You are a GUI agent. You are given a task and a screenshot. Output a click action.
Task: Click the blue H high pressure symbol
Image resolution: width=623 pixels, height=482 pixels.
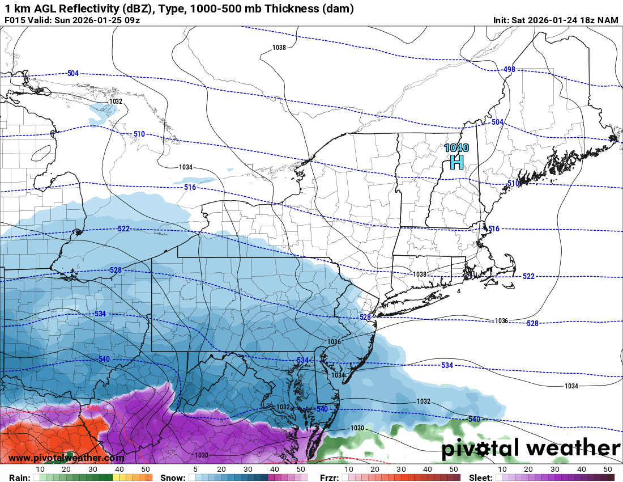456,163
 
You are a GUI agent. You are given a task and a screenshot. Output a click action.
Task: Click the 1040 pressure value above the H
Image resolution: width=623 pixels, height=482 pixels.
456,148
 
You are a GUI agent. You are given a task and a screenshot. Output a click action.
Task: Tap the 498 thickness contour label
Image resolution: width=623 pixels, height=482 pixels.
509,70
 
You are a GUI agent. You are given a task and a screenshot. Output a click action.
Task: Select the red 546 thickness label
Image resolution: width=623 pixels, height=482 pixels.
92,408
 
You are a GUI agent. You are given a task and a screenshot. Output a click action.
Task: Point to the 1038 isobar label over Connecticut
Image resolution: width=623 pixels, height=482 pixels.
419,274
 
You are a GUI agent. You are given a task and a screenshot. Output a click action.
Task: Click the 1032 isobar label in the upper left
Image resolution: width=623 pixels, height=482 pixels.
116,102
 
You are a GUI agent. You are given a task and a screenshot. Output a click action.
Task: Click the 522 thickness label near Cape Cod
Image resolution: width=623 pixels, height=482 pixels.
528,276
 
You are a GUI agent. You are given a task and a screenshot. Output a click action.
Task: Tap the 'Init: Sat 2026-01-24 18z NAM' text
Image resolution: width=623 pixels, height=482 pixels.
556,20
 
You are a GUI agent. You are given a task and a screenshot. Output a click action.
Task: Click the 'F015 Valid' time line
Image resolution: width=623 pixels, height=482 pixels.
72,20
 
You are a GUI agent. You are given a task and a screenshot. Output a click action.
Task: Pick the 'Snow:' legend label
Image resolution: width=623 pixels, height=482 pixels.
172,477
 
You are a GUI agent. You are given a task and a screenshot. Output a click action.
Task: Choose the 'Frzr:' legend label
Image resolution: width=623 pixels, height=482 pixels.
329,477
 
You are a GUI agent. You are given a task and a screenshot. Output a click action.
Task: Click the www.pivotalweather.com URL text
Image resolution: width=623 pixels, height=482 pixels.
66,458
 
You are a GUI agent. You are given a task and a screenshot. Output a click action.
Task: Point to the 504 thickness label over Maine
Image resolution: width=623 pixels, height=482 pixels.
497,122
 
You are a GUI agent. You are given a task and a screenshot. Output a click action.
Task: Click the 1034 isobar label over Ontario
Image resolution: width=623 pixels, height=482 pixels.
186,167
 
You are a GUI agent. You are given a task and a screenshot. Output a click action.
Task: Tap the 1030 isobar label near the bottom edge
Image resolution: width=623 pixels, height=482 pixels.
201,455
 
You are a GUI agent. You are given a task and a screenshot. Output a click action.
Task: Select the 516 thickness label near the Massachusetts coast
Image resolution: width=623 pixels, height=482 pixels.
494,229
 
